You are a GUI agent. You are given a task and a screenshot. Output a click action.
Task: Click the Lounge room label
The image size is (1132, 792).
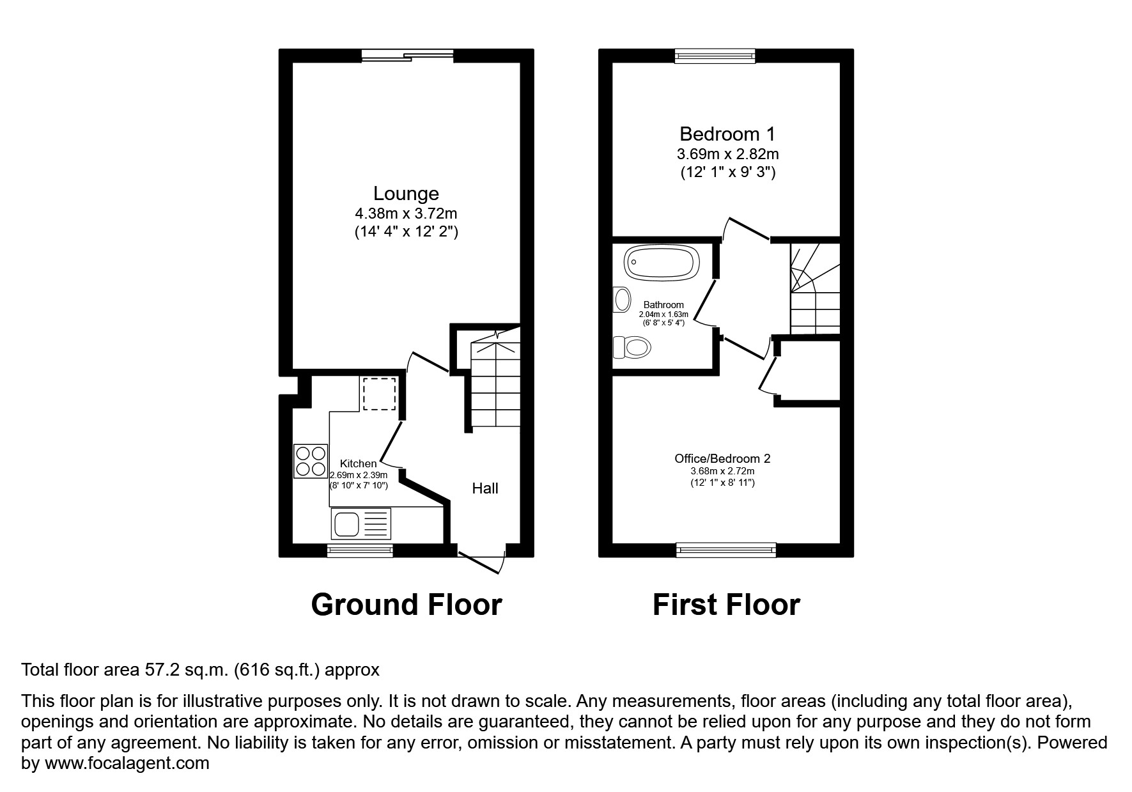click(x=406, y=193)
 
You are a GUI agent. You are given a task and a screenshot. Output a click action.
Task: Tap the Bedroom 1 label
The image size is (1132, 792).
click(x=727, y=134)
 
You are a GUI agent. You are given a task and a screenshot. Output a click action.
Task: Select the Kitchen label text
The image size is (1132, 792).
click(x=358, y=463)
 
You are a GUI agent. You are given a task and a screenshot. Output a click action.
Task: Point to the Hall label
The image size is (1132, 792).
click(x=485, y=488)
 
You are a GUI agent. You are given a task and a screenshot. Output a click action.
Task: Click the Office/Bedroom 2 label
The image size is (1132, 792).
click(x=722, y=458)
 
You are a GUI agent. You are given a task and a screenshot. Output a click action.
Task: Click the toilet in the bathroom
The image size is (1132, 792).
click(x=632, y=348)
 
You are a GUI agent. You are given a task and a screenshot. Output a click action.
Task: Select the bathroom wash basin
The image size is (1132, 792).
click(x=621, y=299)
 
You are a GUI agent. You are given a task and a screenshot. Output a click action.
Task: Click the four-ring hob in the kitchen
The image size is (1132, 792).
click(x=310, y=461)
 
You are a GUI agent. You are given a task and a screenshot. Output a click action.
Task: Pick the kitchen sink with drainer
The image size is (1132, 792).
click(x=361, y=524)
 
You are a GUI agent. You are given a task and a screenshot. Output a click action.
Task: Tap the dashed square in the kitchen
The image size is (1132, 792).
click(x=380, y=393)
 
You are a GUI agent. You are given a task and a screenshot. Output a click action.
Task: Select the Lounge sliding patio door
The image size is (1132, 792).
click(x=407, y=57)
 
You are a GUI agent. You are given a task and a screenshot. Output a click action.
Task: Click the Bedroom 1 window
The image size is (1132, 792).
click(x=715, y=57)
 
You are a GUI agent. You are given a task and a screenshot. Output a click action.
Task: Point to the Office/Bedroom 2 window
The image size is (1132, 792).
click(x=726, y=548)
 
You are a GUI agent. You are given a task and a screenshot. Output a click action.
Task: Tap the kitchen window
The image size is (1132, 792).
click(x=359, y=549)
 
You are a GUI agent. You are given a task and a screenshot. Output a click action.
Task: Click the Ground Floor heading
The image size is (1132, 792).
click(x=406, y=605)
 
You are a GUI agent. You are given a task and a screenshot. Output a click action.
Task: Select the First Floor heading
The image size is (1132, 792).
click(x=726, y=605)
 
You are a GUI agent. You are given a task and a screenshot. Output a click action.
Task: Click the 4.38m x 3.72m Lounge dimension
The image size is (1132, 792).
click(x=406, y=214)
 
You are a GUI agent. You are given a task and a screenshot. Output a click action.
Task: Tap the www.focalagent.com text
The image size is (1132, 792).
click(x=126, y=763)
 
